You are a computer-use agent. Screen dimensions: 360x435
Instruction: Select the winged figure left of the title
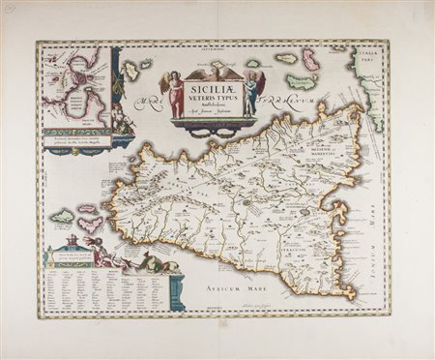point(176,94)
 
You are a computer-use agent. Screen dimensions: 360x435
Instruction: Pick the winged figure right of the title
point(250,95)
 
